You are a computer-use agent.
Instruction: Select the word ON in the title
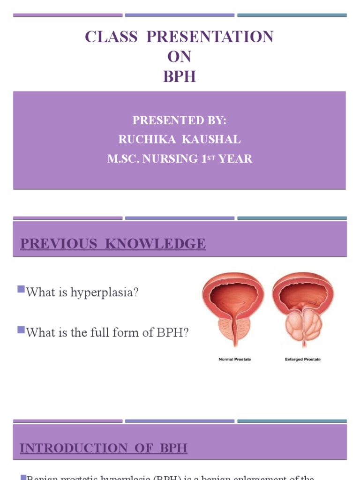(x=180, y=57)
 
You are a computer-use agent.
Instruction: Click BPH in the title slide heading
(x=180, y=77)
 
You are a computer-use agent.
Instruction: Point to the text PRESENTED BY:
(x=180, y=120)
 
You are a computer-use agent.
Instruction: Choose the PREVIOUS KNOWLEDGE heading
(x=112, y=244)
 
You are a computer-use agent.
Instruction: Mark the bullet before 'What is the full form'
(x=21, y=330)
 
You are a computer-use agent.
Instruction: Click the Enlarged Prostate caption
(x=302, y=360)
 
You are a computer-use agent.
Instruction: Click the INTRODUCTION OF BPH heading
(x=103, y=448)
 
